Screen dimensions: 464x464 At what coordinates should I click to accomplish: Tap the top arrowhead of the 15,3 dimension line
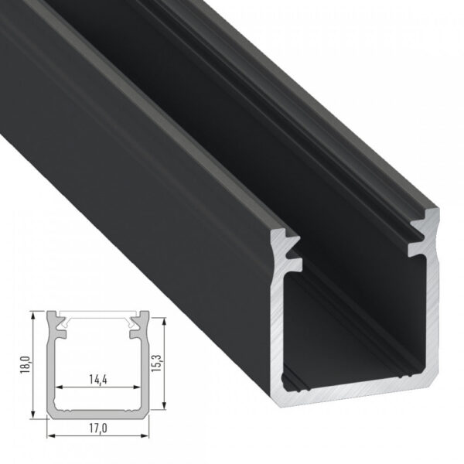[x=165, y=320]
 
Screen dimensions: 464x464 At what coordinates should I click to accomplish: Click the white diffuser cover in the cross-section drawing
[x=98, y=316]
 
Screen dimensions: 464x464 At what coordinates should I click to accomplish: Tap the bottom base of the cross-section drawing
[x=98, y=415]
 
